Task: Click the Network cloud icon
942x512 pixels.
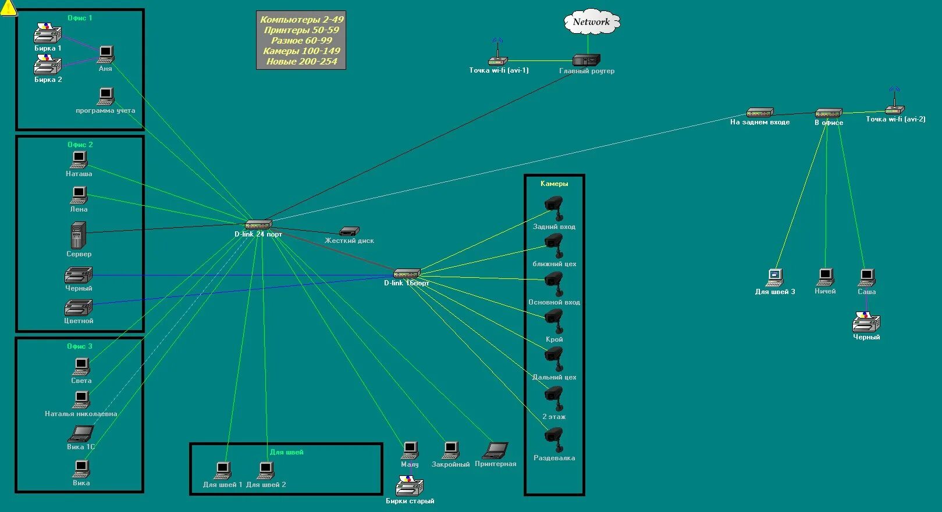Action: [x=591, y=23]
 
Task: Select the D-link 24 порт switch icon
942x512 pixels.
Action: [x=258, y=224]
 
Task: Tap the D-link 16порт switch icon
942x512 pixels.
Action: [x=406, y=273]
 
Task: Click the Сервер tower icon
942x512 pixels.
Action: [x=78, y=235]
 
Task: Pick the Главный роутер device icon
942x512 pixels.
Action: [x=586, y=60]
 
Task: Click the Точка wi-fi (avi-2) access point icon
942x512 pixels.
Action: [x=894, y=106]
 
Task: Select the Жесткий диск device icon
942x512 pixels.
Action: [x=349, y=231]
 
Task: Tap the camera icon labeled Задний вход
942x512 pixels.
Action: [x=554, y=207]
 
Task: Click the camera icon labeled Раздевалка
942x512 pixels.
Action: [x=554, y=438]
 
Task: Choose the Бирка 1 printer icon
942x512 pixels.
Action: [x=47, y=34]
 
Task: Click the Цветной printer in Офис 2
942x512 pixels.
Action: [x=78, y=307]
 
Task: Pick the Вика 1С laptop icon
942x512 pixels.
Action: [x=80, y=434]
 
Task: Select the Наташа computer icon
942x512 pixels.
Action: [x=79, y=160]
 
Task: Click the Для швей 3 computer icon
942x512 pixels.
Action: [x=774, y=277]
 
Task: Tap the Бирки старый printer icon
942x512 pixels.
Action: [x=410, y=486]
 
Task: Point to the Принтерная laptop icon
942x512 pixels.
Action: [x=496, y=450]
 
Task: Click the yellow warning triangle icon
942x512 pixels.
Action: [x=8, y=8]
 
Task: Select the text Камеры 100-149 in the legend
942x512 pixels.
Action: [x=301, y=51]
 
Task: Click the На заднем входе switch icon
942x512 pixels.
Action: [x=760, y=113]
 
